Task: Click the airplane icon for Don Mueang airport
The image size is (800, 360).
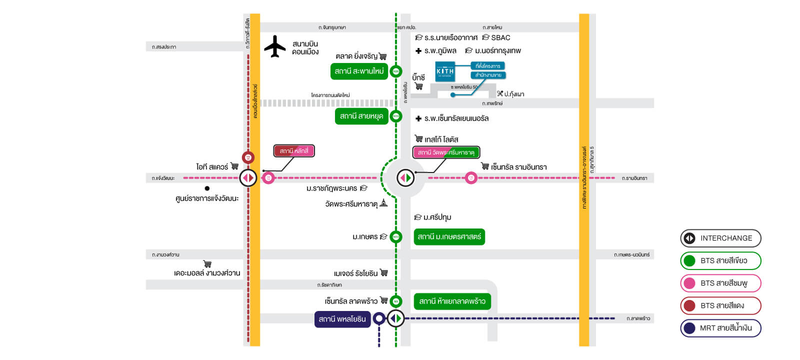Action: (274, 46)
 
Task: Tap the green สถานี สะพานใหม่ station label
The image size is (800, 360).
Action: (359, 71)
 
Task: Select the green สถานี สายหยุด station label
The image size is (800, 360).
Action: (361, 116)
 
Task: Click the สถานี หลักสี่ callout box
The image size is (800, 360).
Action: (294, 151)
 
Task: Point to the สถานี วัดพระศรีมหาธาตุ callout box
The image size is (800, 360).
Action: (446, 152)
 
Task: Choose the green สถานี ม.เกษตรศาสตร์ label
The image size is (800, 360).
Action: (449, 237)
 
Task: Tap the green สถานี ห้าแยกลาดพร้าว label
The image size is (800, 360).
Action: (452, 301)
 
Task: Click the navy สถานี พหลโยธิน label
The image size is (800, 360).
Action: (342, 319)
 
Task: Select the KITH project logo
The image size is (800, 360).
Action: (445, 71)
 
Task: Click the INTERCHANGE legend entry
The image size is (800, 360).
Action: (720, 238)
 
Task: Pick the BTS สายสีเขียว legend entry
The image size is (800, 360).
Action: (720, 261)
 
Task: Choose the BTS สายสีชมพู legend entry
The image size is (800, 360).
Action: (720, 283)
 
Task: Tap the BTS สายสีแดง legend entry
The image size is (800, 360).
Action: (720, 305)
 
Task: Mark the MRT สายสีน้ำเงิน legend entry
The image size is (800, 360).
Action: (720, 328)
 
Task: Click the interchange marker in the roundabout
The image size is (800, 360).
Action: (405, 177)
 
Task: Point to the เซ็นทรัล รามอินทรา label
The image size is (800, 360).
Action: (518, 167)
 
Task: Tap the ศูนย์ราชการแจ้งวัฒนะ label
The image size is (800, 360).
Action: (207, 198)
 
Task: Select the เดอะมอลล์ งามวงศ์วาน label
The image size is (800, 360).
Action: (207, 273)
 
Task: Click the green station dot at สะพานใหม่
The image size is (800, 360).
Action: (396, 71)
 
